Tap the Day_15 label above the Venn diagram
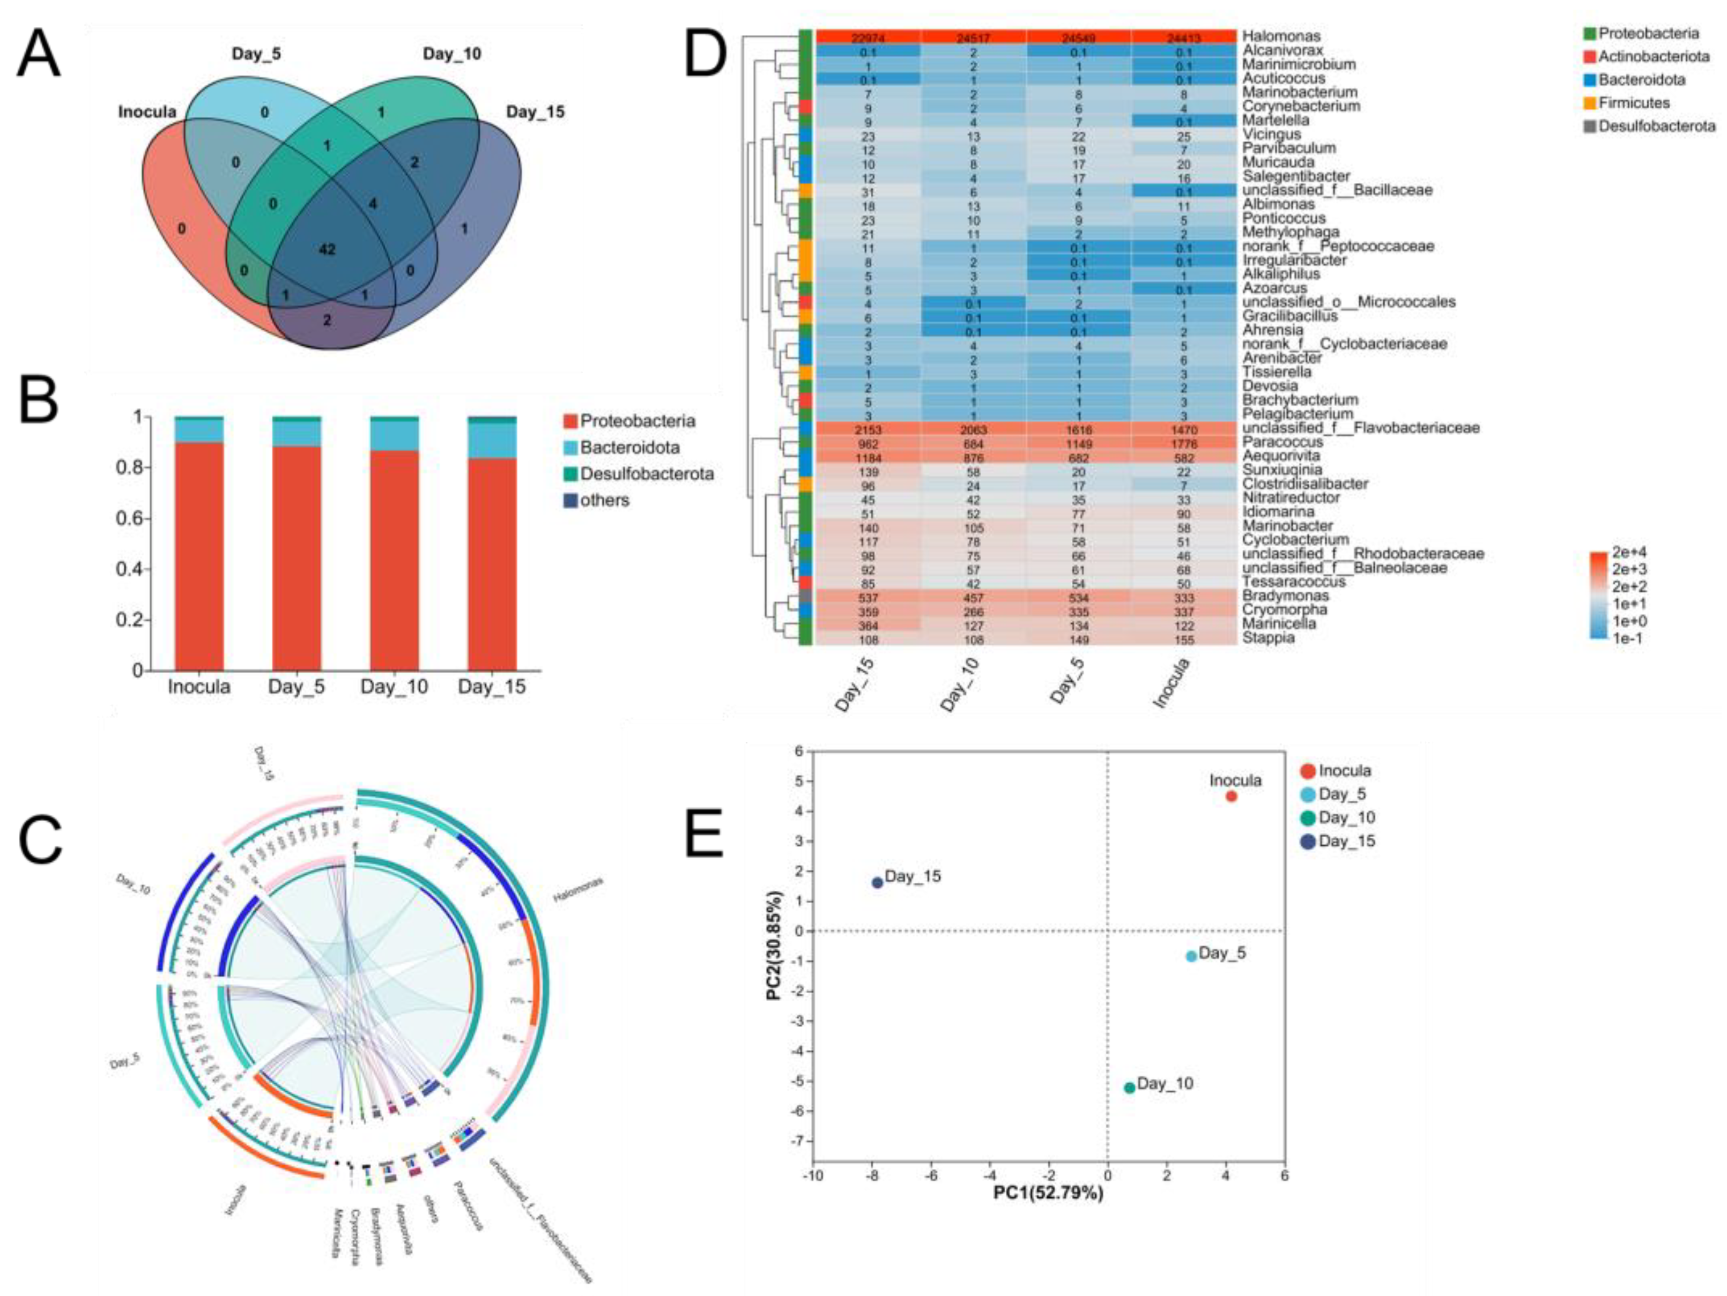pos(535,111)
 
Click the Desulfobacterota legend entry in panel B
pos(647,474)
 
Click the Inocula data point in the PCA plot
pos(1231,796)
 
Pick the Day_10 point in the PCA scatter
pos(1129,1088)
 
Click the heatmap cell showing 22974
pos(868,36)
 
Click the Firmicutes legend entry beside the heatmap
pos(1633,103)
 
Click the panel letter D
pos(705,55)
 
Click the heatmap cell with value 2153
pos(868,430)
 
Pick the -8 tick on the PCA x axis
pos(872,1175)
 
